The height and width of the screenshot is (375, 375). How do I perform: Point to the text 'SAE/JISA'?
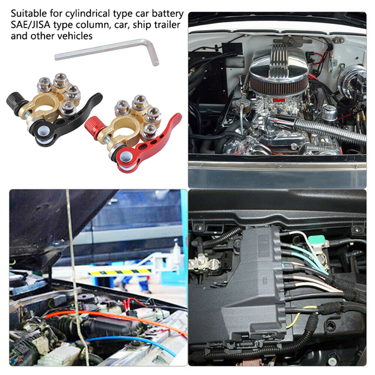(x=31, y=25)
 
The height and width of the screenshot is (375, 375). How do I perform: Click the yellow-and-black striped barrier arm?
(x=120, y=272)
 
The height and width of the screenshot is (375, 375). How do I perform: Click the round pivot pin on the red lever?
(x=125, y=157)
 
